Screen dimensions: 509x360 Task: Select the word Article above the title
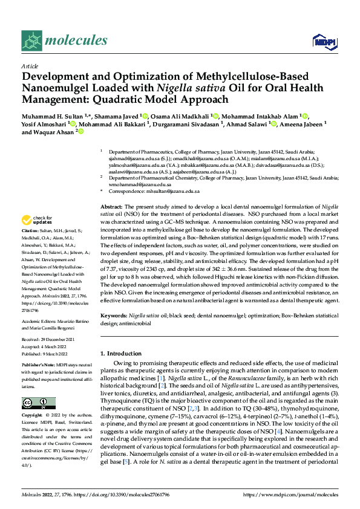[30, 66]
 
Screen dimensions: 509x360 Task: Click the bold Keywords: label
[114, 316]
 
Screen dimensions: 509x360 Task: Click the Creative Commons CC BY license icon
[34, 403]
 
